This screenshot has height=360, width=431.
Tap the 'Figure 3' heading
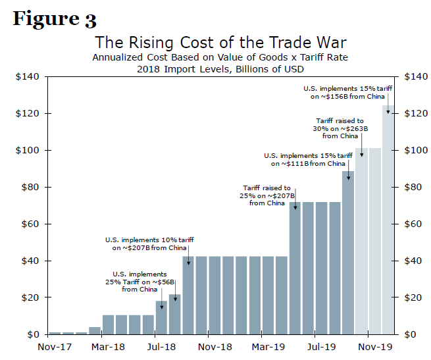55,18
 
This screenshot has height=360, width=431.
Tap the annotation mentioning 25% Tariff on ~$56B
139,281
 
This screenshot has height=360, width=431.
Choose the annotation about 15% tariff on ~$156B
347,92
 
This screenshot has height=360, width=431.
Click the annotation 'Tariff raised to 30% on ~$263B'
340,128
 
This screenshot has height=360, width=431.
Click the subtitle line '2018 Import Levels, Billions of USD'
216,68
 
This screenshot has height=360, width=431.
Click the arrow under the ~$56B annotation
162,301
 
